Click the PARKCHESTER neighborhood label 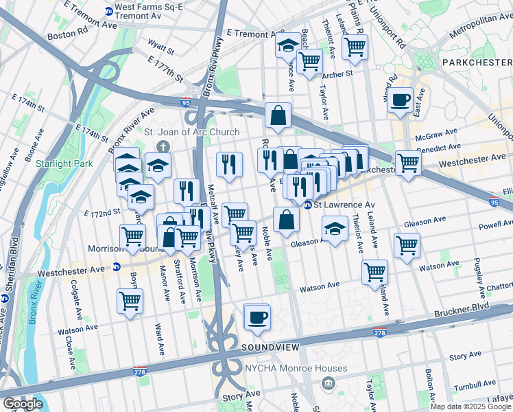(x=476, y=62)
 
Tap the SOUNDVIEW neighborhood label (x=270, y=349)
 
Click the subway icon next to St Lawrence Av (x=308, y=205)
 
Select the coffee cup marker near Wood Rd (x=399, y=99)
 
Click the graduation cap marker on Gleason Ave (x=334, y=229)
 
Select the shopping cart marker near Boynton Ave (x=130, y=299)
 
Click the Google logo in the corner (x=23, y=404)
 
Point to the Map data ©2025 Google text (x=470, y=407)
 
